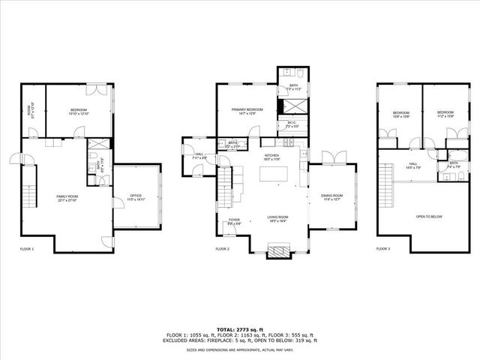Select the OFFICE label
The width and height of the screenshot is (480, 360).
tap(135, 197)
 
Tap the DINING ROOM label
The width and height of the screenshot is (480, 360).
tap(331, 197)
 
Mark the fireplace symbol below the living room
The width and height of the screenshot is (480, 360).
tap(278, 251)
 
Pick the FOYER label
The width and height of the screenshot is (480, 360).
tap(235, 220)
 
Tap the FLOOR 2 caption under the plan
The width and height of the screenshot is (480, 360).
tap(222, 248)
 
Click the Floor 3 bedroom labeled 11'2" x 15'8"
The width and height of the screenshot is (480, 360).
tap(445, 115)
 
